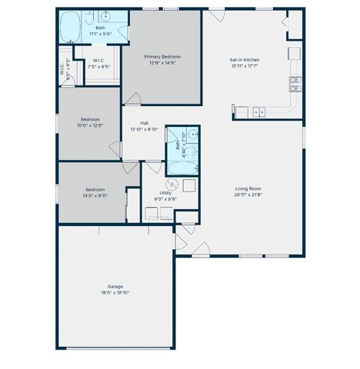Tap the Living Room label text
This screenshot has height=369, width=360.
coord(248,188)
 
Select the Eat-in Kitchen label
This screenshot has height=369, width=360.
coord(245,59)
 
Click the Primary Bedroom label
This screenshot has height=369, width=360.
coord(162,56)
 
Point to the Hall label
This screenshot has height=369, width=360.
coord(145,123)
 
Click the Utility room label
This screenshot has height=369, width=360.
coord(165,192)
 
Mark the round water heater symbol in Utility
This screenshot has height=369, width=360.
coord(173,184)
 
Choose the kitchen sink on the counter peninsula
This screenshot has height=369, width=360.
coord(260,112)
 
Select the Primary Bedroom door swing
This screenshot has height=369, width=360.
coord(134,99)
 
